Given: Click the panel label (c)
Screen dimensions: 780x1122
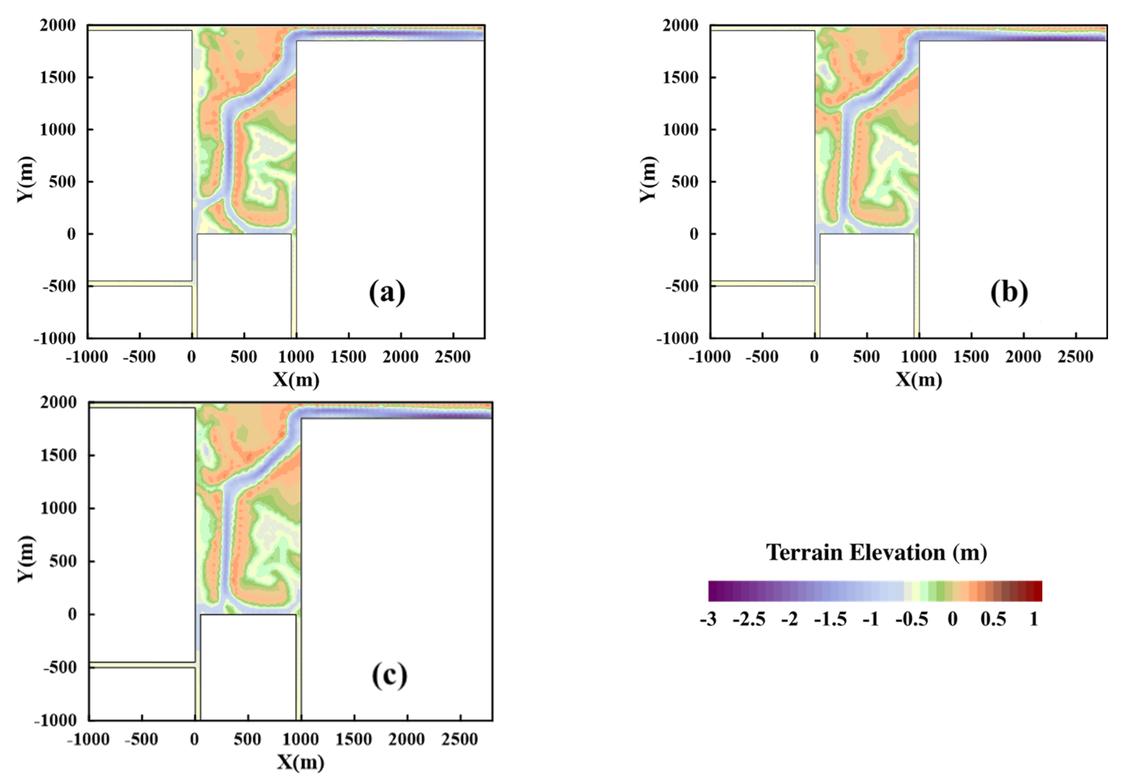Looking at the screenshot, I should pyautogui.click(x=390, y=676).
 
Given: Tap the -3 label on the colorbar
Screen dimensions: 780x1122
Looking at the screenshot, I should pyautogui.click(x=708, y=620).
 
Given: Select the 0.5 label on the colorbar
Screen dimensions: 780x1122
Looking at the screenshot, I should pyautogui.click(x=994, y=620).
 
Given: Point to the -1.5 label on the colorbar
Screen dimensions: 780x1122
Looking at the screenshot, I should pyautogui.click(x=830, y=620).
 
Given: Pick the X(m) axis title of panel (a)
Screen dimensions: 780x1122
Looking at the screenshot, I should pyautogui.click(x=296, y=380).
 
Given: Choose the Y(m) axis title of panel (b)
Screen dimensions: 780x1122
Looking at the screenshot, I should pyautogui.click(x=648, y=179).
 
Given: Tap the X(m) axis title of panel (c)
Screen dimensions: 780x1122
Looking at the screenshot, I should pyautogui.click(x=300, y=762).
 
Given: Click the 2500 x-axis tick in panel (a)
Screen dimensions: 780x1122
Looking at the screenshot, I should pyautogui.click(x=453, y=358).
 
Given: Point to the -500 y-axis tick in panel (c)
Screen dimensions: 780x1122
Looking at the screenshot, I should pyautogui.click(x=60, y=667).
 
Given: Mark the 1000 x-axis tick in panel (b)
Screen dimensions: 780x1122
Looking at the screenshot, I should pyautogui.click(x=919, y=358).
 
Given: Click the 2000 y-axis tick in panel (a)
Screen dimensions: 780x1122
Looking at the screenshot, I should pyautogui.click(x=58, y=25).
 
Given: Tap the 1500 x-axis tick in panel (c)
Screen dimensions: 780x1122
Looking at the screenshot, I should pyautogui.click(x=354, y=739).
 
